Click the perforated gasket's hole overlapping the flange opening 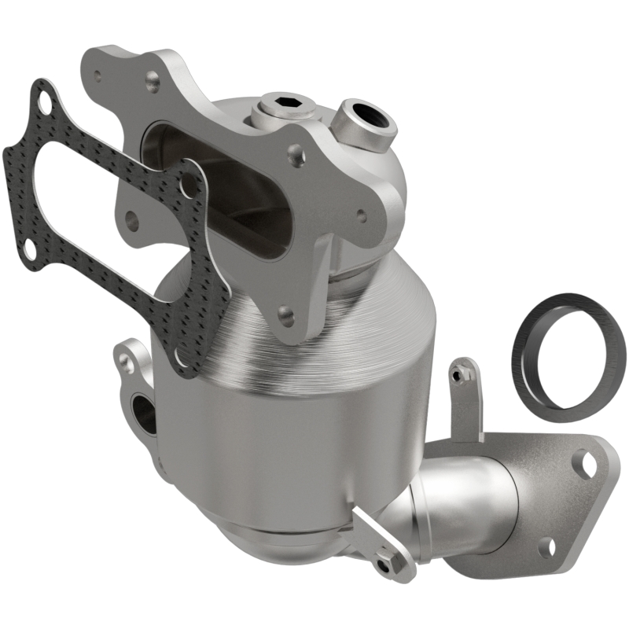click(188, 186)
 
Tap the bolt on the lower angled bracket click(384, 565)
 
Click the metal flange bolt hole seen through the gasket click(131, 221)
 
